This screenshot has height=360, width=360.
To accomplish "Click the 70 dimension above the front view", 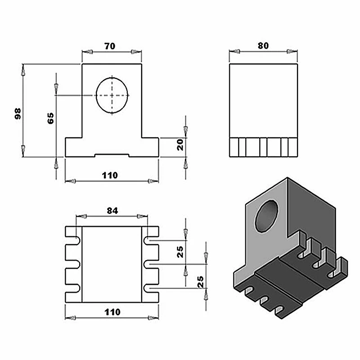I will click(110, 46).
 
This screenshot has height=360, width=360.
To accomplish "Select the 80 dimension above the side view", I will click(263, 46).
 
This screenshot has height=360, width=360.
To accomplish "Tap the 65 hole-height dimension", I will click(50, 118).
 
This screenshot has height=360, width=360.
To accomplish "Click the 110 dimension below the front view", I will click(110, 175).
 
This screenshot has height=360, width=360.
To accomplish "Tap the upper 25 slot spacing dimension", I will click(180, 252).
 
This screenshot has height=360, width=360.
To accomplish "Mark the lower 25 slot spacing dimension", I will click(200, 281).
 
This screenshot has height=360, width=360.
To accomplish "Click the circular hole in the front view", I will click(112, 95).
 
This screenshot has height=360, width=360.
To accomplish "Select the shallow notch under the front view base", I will click(112, 155).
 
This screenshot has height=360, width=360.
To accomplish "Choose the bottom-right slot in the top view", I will click(151, 288).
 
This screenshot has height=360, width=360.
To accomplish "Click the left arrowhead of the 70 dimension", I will click(88, 53).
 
